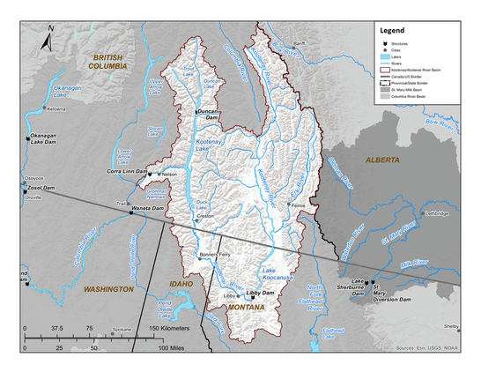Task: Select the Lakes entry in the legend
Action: [x=410, y=55]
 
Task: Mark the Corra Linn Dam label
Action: [x=127, y=171]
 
